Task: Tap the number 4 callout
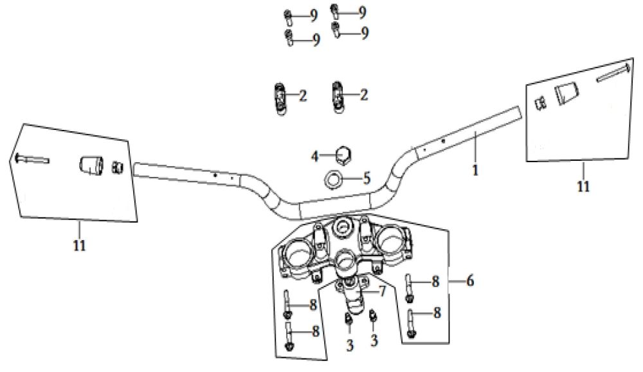pyautogui.click(x=315, y=156)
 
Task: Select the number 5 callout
pyautogui.click(x=367, y=177)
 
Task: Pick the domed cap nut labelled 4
pyautogui.click(x=343, y=154)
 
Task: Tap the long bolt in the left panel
pyautogui.click(x=30, y=158)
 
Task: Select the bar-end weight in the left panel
pyautogui.click(x=91, y=165)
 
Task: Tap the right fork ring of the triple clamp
pyautogui.click(x=394, y=239)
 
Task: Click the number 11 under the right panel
pyautogui.click(x=583, y=187)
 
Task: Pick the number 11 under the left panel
pyautogui.click(x=79, y=245)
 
